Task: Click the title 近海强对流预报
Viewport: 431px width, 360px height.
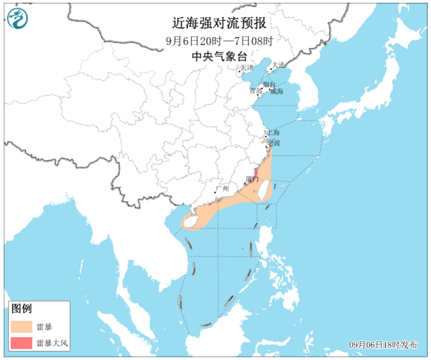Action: point(219,24)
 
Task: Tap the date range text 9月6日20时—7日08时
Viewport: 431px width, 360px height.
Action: point(219,41)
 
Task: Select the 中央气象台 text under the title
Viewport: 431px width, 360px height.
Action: point(219,55)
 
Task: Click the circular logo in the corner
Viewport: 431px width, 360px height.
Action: point(18,19)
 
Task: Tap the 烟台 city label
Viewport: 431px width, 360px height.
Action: point(269,85)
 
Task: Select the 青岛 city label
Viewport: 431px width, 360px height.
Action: point(256,91)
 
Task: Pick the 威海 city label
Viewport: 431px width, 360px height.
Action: point(277,91)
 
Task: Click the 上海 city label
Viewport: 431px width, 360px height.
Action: point(273,132)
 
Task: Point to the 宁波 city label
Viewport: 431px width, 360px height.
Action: point(273,143)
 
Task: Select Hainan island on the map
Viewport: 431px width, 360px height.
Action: point(189,221)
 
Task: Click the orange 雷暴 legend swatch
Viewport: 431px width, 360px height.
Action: point(21,326)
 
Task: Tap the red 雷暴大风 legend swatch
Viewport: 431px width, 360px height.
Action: point(21,343)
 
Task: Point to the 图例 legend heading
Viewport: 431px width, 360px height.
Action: point(22,309)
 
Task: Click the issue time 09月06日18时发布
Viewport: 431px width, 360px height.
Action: point(384,345)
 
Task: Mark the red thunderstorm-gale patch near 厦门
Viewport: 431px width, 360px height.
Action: point(256,175)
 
